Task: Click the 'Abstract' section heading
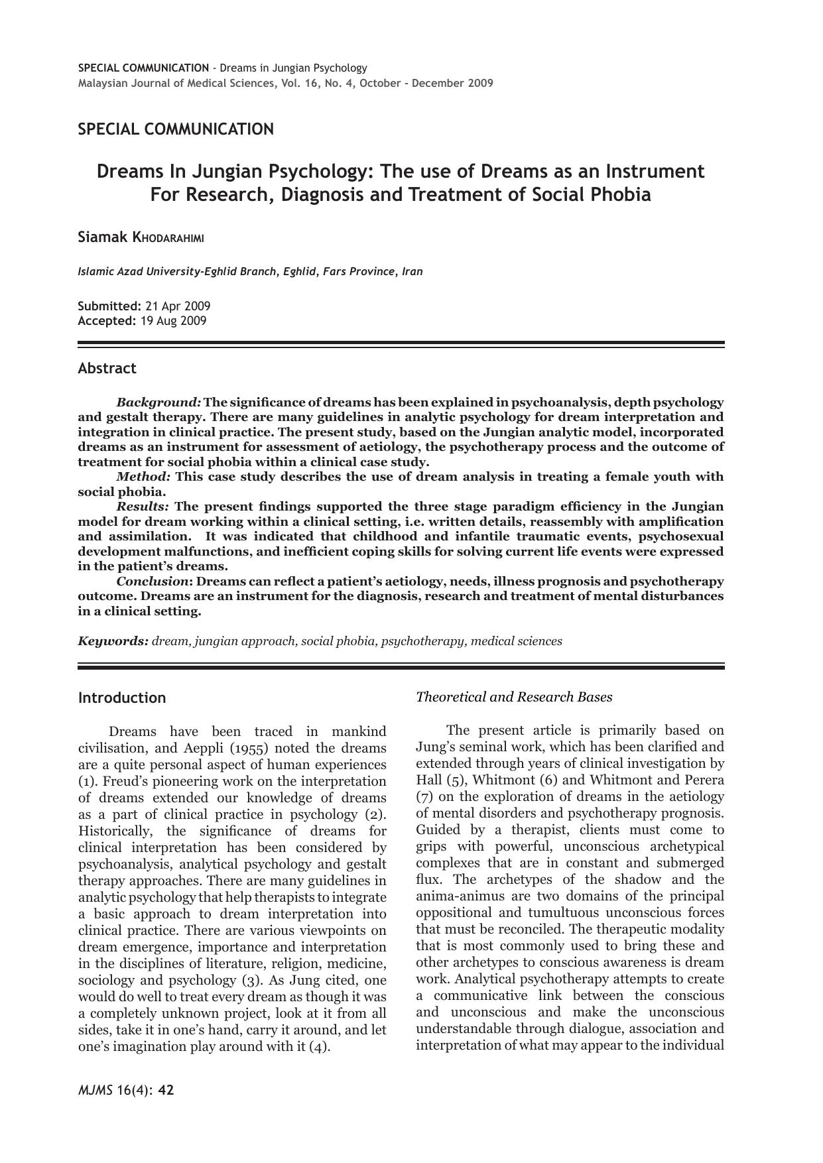click(x=107, y=369)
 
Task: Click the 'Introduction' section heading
click(x=122, y=698)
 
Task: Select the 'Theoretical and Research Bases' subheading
click(x=514, y=697)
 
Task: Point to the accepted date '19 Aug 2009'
click(x=173, y=321)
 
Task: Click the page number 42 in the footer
click(x=166, y=1090)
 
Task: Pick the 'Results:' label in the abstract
click(x=143, y=507)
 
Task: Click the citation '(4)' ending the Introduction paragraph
click(x=319, y=1047)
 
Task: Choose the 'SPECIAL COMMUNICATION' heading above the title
click(x=176, y=129)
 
